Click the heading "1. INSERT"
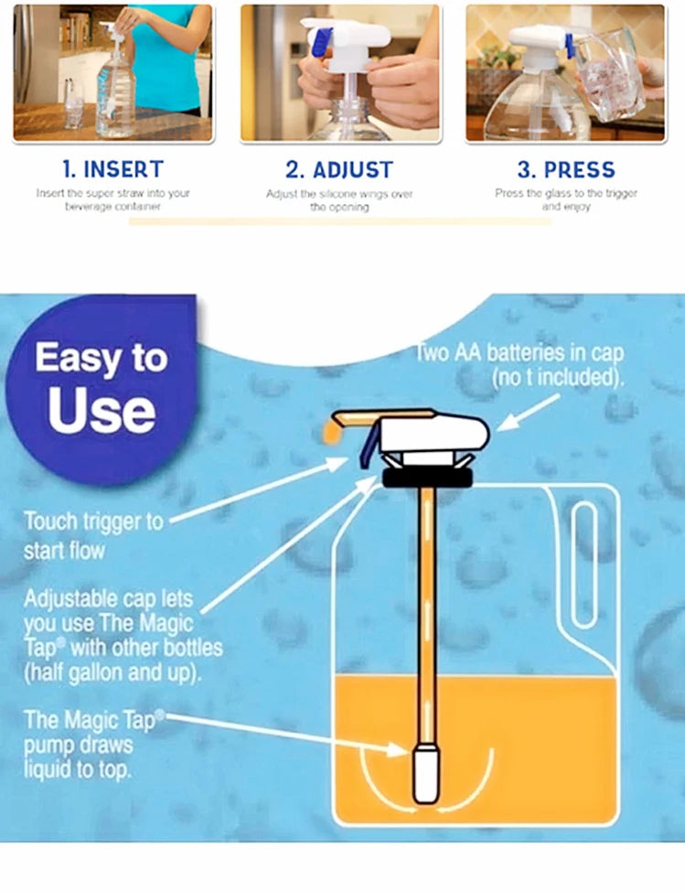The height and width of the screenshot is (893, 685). pyautogui.click(x=112, y=169)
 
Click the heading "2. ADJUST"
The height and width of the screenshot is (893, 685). pyautogui.click(x=339, y=170)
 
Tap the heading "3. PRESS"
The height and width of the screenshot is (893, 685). pyautogui.click(x=566, y=170)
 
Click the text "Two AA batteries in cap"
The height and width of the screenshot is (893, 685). pyautogui.click(x=519, y=353)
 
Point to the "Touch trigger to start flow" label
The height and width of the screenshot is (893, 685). pyautogui.click(x=93, y=535)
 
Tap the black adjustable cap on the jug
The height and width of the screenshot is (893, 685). pyautogui.click(x=426, y=477)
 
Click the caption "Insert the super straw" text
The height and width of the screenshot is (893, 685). pyautogui.click(x=112, y=194)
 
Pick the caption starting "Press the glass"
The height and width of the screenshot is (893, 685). pyautogui.click(x=566, y=194)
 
